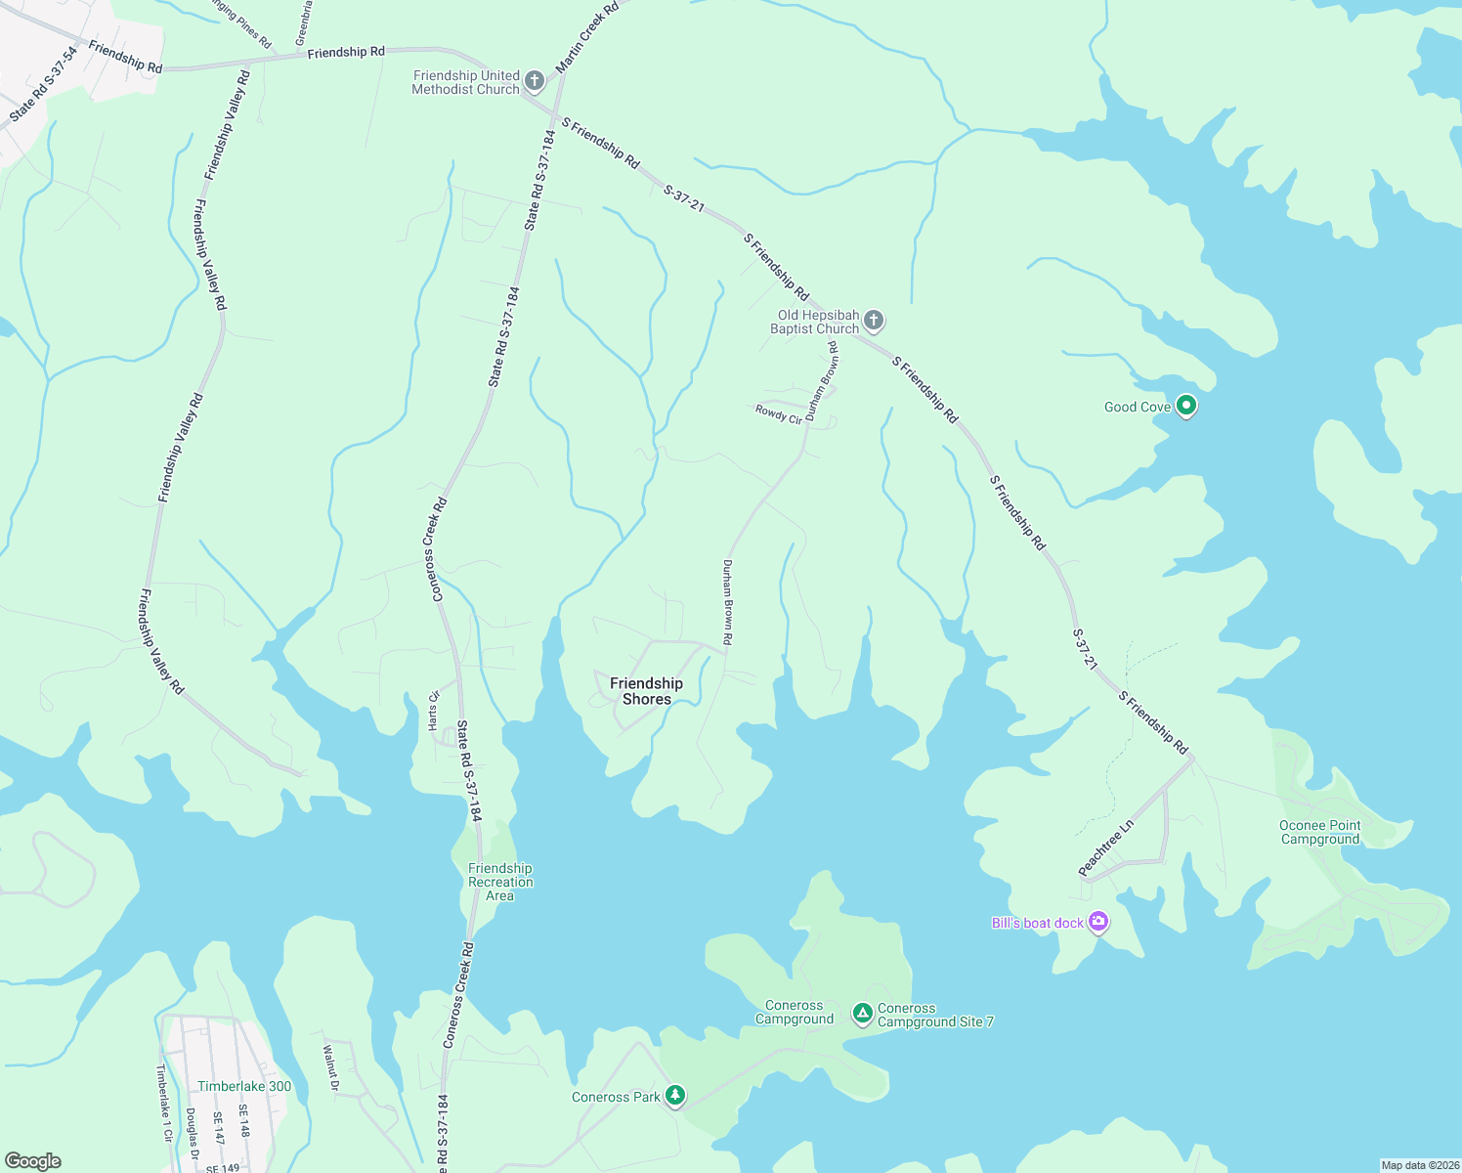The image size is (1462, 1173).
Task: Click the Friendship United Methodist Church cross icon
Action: point(535,80)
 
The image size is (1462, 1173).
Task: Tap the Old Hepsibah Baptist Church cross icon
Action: point(874,320)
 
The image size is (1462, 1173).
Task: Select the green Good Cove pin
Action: point(1186,405)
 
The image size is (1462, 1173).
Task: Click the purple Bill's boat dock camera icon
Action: point(1098,921)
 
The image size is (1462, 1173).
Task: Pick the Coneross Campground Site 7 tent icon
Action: point(862,1014)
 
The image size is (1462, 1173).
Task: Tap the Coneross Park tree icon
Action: point(674,1096)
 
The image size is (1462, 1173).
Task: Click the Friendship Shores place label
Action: point(646,691)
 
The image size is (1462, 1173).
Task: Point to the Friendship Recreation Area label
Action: point(500,882)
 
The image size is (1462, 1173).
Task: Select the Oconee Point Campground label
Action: point(1319,832)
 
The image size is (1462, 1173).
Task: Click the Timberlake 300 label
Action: point(244,1086)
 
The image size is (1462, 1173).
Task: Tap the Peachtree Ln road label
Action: point(1105,847)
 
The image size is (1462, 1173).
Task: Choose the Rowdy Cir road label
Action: point(778,414)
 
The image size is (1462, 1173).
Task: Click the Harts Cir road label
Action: point(434,710)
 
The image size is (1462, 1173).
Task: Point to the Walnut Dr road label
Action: point(330,1067)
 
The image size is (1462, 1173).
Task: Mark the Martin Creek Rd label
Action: point(586,37)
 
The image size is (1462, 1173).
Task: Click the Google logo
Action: point(33,1161)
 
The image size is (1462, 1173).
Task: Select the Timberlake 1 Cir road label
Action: point(164,1104)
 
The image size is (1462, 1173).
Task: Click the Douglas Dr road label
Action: point(193,1126)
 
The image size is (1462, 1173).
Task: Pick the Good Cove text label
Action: point(1137,407)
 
